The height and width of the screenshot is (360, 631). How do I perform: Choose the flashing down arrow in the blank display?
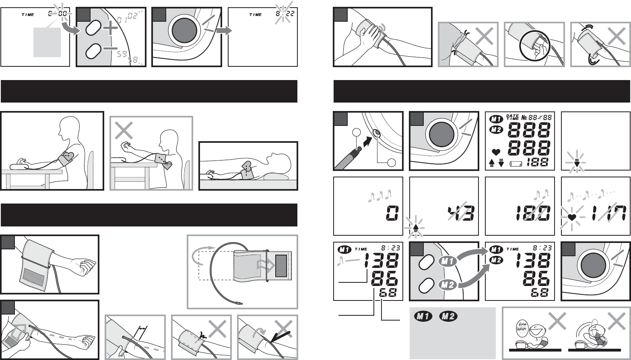click(x=576, y=163)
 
